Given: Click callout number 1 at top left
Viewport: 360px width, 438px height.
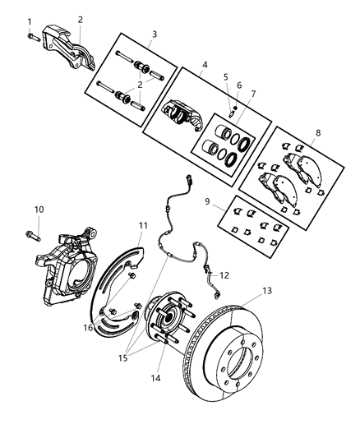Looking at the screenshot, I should click(x=30, y=21).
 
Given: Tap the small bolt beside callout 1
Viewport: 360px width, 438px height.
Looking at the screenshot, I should click(x=31, y=35).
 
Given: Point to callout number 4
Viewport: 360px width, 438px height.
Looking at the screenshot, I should click(x=203, y=63).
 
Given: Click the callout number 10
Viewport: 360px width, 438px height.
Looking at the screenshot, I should click(x=38, y=209).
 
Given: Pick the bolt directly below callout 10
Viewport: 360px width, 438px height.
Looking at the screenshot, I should click(x=39, y=232).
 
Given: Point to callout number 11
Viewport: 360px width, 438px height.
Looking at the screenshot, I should click(x=142, y=224).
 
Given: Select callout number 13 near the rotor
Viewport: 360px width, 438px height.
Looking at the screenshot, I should click(x=265, y=290).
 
